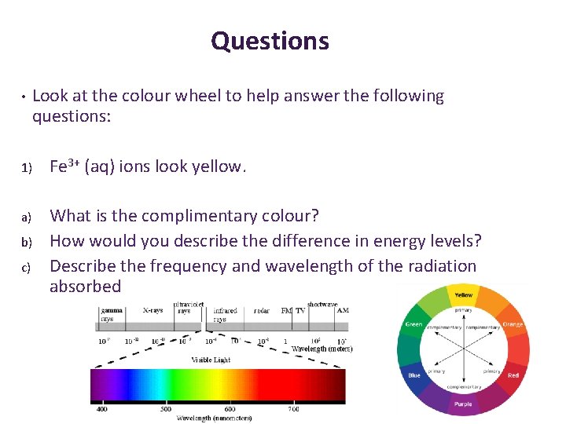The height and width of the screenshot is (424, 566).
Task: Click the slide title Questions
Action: [x=270, y=41]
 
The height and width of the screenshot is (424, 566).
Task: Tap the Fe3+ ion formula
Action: [x=65, y=166]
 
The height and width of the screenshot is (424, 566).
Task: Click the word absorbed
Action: [x=85, y=287]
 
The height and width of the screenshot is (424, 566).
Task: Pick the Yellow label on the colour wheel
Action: [x=464, y=295]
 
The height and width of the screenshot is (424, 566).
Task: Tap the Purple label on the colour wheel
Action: [x=463, y=403]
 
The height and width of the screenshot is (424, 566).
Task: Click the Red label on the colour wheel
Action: [x=513, y=375]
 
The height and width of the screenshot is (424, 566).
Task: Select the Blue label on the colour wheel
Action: [x=414, y=375]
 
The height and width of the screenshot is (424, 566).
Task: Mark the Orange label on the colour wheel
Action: [x=513, y=323]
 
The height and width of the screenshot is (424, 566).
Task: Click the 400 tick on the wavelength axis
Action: [x=102, y=409]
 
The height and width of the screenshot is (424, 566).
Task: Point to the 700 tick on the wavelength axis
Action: [x=293, y=409]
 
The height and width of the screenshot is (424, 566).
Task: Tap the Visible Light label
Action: [x=211, y=360]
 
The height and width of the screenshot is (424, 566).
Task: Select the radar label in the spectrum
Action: [x=261, y=311]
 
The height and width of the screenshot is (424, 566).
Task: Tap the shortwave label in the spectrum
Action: [x=322, y=304]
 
